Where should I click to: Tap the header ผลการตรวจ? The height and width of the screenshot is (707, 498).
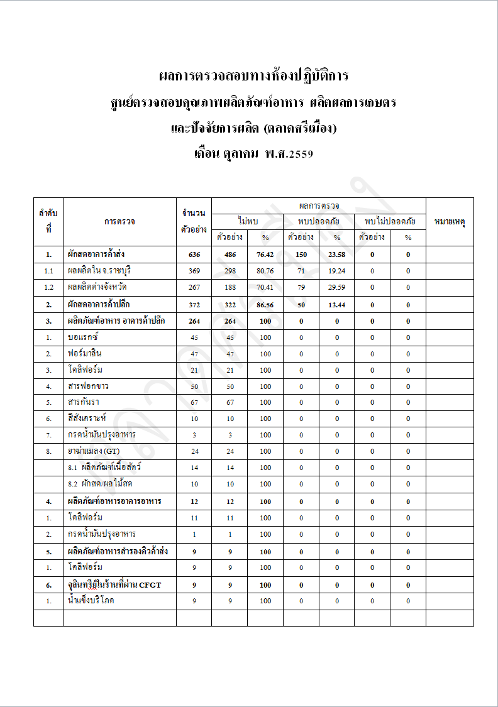pos(319,206)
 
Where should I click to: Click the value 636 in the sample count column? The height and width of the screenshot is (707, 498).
pos(194,255)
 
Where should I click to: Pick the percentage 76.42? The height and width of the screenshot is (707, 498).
pos(265,255)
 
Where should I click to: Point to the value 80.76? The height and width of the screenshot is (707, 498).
pos(265,271)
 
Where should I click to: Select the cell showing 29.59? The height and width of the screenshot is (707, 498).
pos(336,287)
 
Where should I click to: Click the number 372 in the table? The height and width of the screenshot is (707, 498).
pos(194,305)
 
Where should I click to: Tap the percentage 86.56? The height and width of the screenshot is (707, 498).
pos(265,305)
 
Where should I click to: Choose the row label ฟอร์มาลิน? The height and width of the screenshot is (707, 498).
pos(84,353)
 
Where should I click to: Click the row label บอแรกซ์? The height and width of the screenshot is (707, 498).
pos(82,337)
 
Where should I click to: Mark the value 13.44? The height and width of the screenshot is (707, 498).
pos(336,305)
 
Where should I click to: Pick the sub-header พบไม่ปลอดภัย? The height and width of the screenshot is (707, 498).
pos(390,221)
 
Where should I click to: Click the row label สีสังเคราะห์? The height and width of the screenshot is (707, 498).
pos(88,418)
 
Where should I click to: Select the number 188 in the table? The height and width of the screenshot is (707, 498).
pos(229,287)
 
